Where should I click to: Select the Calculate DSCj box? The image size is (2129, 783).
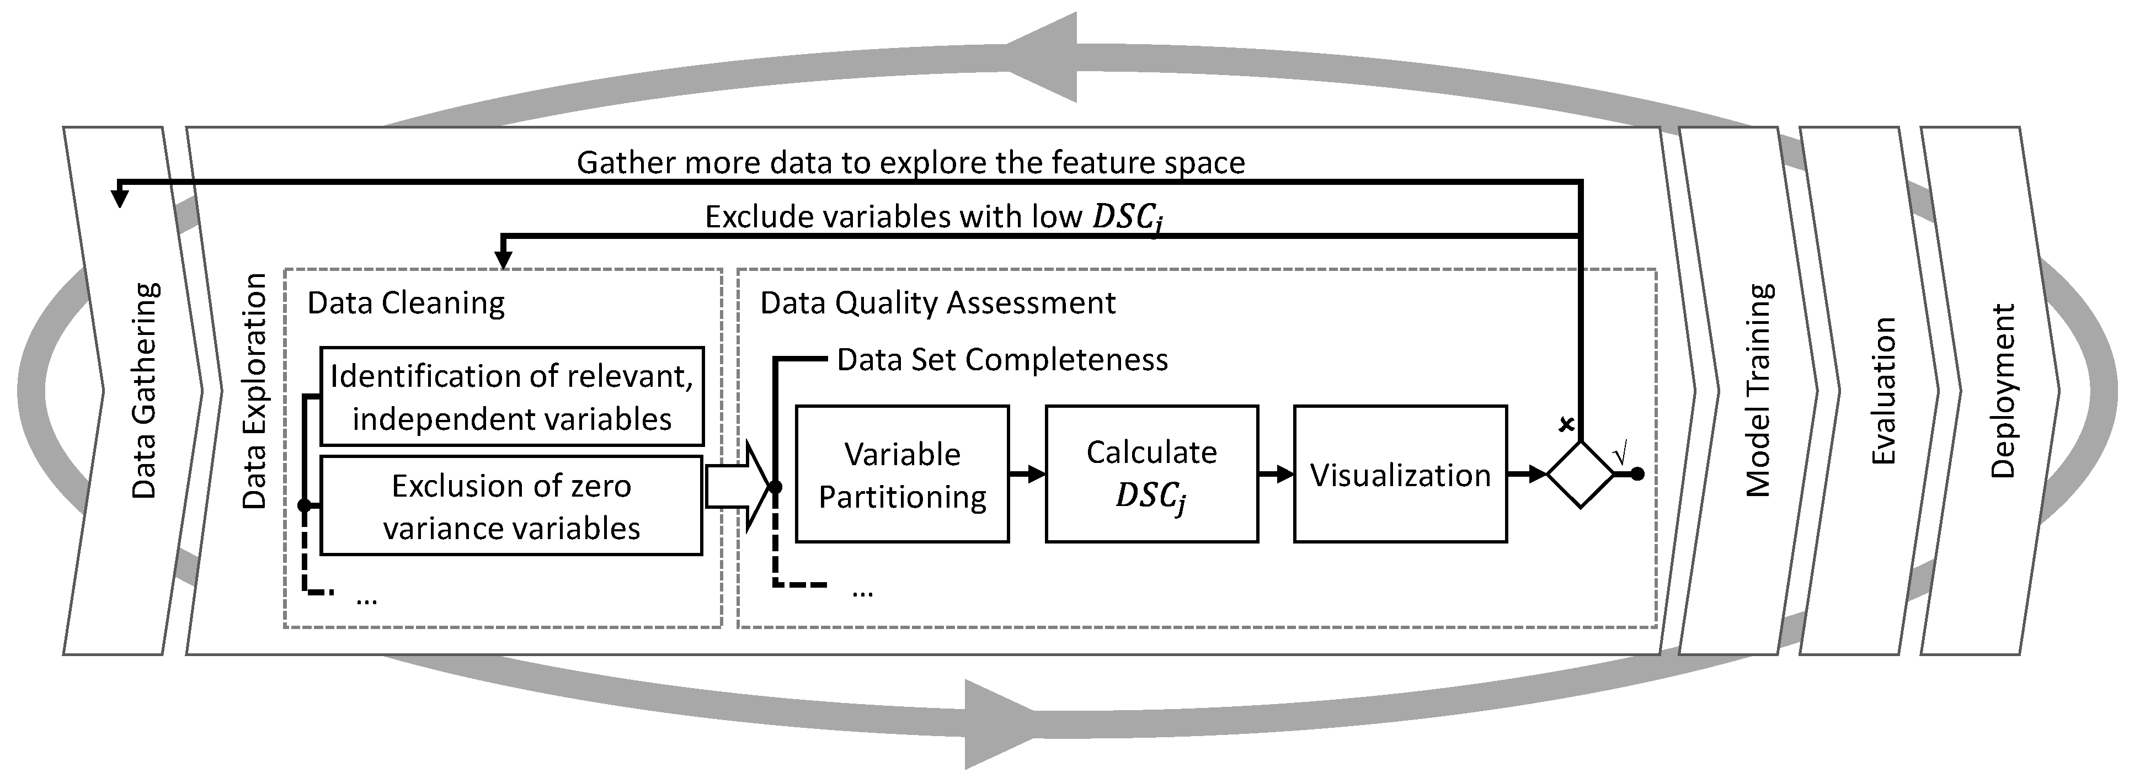[x=1151, y=474]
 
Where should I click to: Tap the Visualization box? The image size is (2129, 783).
[x=1400, y=474]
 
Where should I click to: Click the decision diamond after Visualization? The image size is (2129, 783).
[x=1580, y=475]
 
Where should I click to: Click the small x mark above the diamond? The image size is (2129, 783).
[x=1565, y=425]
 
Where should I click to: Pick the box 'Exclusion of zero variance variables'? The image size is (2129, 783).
[x=511, y=505]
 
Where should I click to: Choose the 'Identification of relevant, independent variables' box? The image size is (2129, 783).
[x=511, y=397]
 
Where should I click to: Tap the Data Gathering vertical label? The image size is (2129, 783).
[x=145, y=390]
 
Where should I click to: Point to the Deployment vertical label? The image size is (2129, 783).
[x=2003, y=390]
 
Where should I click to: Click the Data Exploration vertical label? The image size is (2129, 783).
[x=254, y=390]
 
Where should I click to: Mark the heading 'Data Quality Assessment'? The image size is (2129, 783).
[x=937, y=302]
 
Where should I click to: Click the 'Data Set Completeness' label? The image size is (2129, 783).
[x=1002, y=360]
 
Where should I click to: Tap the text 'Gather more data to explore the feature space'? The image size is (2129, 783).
[x=910, y=162]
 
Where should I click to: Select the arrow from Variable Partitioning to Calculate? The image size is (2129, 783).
[x=1027, y=475]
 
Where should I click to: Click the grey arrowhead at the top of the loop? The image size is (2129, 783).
[x=1043, y=56]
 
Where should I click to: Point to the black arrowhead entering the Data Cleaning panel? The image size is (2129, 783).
[x=503, y=260]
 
